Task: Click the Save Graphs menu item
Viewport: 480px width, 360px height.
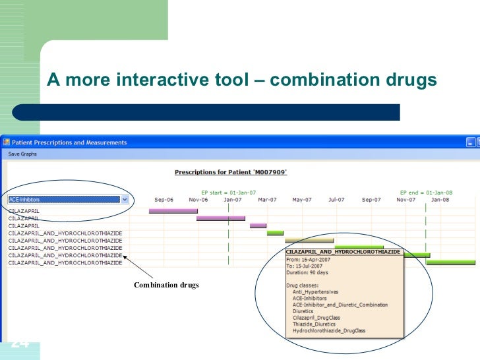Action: pos(22,154)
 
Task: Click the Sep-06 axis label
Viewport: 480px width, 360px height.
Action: pos(164,199)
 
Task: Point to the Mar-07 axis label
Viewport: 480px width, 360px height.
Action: pos(266,199)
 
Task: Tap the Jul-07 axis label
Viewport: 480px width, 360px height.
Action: pos(336,199)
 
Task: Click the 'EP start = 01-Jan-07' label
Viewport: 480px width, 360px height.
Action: pos(229,187)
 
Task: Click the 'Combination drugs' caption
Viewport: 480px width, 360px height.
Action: pos(166,285)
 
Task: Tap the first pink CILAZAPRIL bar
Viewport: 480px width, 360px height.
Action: pos(173,211)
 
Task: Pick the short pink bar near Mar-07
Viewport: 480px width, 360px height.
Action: pos(258,225)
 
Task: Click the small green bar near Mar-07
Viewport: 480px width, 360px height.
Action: pos(275,233)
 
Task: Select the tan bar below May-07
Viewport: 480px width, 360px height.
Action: pos(309,241)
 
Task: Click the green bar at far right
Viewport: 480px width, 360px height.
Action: pos(450,262)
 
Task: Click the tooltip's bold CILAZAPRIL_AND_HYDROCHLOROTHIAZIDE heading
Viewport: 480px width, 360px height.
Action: pos(343,252)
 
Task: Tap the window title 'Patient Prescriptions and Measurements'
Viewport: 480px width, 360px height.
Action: pos(68,142)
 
